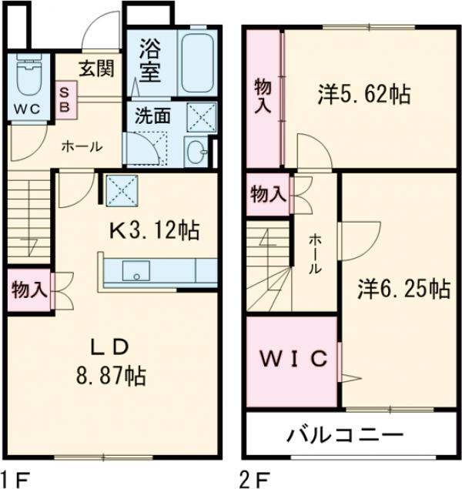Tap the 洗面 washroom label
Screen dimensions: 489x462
click(x=152, y=116)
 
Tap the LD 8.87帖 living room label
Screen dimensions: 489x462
click(x=115, y=362)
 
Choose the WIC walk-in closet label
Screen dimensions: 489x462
click(x=293, y=358)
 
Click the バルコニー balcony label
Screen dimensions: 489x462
click(x=346, y=435)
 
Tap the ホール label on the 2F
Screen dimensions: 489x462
click(x=316, y=254)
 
